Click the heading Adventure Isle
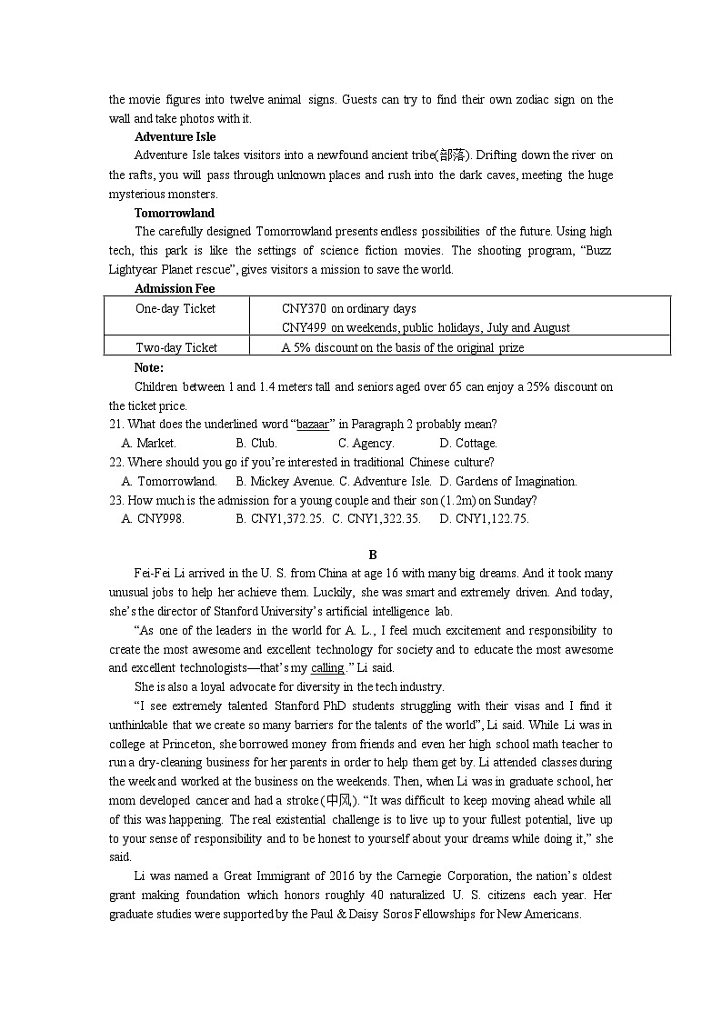pyautogui.click(x=175, y=137)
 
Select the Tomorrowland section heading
pyautogui.click(x=175, y=214)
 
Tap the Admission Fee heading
pyautogui.click(x=175, y=289)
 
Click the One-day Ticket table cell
pyautogui.click(x=175, y=309)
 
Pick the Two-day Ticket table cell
pyautogui.click(x=176, y=347)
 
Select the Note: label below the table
pyautogui.click(x=148, y=367)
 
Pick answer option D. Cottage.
pyautogui.click(x=468, y=444)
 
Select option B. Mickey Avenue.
pyautogui.click(x=285, y=482)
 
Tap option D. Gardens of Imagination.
pyautogui.click(x=508, y=482)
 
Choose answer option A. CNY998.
pyautogui.click(x=153, y=519)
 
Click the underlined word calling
pyautogui.click(x=327, y=668)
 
